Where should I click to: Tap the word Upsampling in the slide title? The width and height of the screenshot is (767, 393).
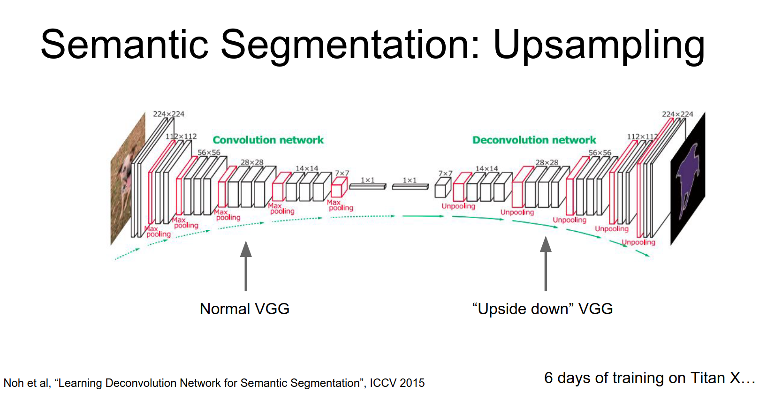(x=599, y=45)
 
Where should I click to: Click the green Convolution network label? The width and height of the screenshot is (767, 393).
(x=268, y=140)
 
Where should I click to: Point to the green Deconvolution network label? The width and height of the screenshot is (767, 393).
(x=534, y=140)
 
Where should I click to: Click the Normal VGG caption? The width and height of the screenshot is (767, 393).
(x=244, y=309)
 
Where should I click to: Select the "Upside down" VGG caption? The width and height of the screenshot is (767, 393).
(x=542, y=309)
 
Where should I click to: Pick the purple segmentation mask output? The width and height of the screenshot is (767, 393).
(x=688, y=178)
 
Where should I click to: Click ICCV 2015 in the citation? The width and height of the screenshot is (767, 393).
(x=397, y=383)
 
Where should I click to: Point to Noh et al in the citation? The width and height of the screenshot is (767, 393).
(x=26, y=383)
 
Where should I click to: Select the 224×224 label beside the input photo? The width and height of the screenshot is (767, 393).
(x=168, y=114)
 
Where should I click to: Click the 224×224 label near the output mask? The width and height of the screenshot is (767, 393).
(x=677, y=114)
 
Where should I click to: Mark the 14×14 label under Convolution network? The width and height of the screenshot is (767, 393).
(x=307, y=168)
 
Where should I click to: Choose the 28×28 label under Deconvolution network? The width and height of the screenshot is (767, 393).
(x=547, y=162)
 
